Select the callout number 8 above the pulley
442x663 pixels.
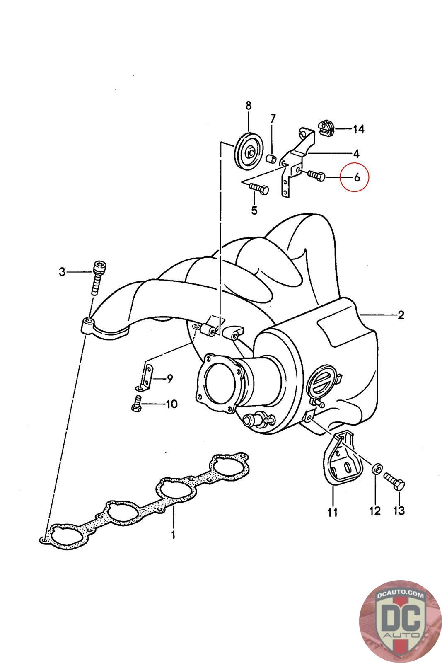click(x=248, y=105)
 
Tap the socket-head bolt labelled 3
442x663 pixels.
click(x=97, y=277)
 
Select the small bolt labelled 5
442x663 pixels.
click(x=259, y=189)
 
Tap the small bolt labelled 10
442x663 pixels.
click(x=136, y=404)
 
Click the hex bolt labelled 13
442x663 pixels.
click(x=395, y=481)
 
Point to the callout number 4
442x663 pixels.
click(x=356, y=154)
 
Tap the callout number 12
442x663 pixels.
click(x=375, y=511)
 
